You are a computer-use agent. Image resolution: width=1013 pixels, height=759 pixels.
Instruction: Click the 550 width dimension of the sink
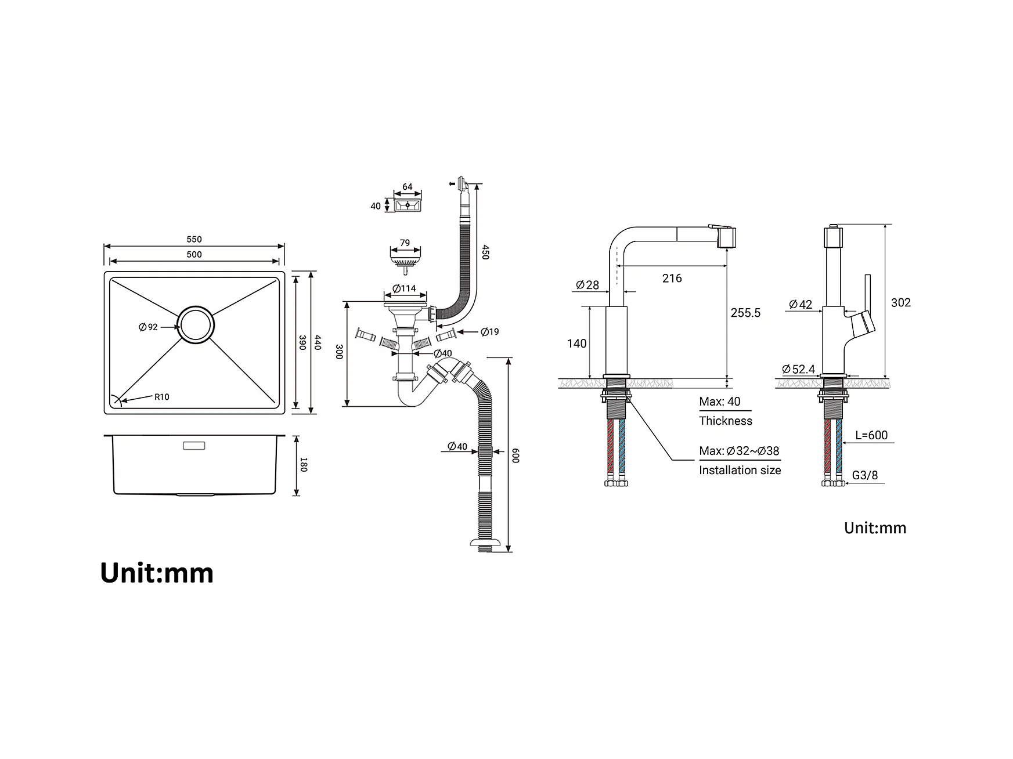194,239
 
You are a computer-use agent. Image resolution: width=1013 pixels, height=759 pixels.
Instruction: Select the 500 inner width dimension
194,254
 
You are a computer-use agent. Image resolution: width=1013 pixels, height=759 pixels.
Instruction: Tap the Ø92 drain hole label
148,327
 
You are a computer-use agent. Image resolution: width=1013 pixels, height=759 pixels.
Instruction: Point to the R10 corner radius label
162,397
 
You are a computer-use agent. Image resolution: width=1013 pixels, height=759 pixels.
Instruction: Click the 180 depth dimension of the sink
303,465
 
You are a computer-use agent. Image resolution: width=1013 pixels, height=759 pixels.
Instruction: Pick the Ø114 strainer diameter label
404,288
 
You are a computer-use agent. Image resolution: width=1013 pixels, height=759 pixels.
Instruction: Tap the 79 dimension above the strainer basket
405,243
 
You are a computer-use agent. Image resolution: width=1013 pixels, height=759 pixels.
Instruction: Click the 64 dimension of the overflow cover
408,187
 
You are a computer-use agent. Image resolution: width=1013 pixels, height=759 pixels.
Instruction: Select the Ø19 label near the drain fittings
489,332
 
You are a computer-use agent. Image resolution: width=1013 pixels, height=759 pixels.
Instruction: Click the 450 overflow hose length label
485,252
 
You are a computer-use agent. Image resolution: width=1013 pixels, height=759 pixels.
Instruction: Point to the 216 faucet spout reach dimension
672,279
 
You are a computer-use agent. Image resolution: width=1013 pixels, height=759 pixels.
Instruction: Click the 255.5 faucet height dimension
745,313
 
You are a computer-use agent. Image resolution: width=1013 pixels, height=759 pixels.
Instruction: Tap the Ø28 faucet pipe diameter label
587,285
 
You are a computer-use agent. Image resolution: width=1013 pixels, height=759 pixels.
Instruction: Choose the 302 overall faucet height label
901,302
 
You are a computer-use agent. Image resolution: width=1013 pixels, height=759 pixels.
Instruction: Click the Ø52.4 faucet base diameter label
798,369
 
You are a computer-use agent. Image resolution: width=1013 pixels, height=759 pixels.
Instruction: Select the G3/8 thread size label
865,475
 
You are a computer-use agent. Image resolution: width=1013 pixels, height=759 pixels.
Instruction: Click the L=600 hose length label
871,435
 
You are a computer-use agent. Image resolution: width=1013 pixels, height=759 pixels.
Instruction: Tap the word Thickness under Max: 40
726,421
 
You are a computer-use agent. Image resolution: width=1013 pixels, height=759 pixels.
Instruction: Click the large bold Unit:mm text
157,573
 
